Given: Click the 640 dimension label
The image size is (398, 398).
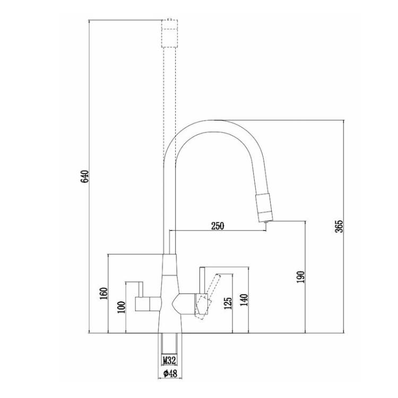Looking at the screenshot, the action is coord(84,176).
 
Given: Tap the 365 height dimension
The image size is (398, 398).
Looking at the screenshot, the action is coord(339,226).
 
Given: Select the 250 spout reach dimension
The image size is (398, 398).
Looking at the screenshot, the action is coord(218,226).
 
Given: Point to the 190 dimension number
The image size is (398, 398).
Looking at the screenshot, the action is coord(300,277).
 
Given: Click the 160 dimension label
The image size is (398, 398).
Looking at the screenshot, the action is coord(103,293).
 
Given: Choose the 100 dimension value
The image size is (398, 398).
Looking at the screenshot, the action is coord(122,307).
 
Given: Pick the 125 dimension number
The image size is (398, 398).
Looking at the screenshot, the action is coord(228,304).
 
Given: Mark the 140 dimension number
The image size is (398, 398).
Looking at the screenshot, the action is coord(244,300).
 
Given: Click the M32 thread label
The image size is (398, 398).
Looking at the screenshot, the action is coord(169,360).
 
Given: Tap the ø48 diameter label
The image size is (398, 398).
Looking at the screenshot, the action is coord(170,374).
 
